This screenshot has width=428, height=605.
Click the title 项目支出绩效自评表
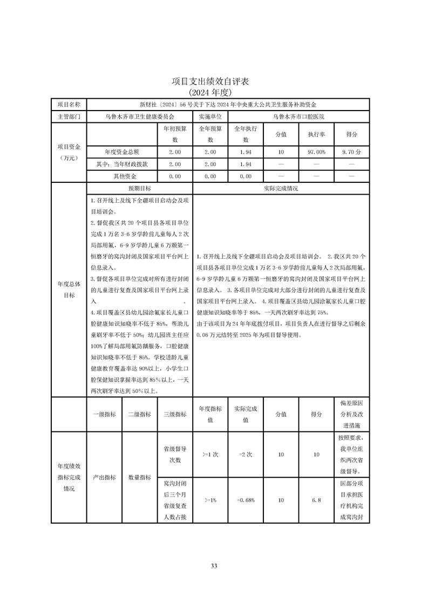(214, 81)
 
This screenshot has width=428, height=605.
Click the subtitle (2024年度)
(214, 92)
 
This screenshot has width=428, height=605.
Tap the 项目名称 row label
(69, 104)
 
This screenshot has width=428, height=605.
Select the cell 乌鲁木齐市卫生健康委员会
(140, 116)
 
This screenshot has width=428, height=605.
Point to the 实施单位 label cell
(210, 116)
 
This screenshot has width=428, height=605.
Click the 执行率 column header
(316, 134)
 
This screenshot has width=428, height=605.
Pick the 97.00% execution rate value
(316, 152)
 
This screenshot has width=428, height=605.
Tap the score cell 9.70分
(351, 152)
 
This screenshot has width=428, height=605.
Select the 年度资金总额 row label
(122, 152)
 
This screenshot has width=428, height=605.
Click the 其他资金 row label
(124, 176)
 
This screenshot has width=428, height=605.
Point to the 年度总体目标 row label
(69, 289)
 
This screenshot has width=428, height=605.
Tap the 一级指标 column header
(104, 414)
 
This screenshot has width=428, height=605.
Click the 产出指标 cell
(104, 477)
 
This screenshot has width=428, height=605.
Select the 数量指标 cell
(139, 477)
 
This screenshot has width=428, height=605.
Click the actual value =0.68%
(245, 500)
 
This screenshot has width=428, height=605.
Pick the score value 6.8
(316, 500)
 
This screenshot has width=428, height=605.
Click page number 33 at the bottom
(214, 566)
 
